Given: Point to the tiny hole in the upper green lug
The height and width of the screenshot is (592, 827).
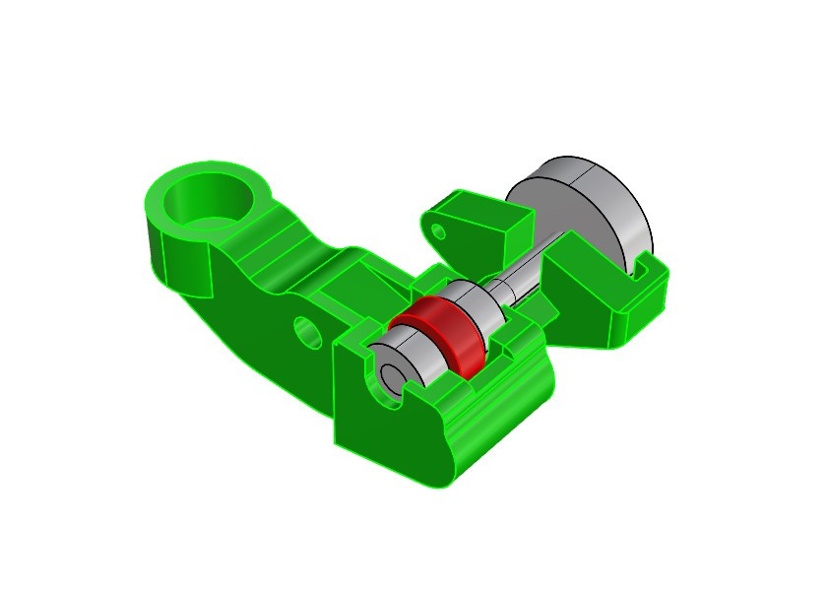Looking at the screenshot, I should pos(440,231).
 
